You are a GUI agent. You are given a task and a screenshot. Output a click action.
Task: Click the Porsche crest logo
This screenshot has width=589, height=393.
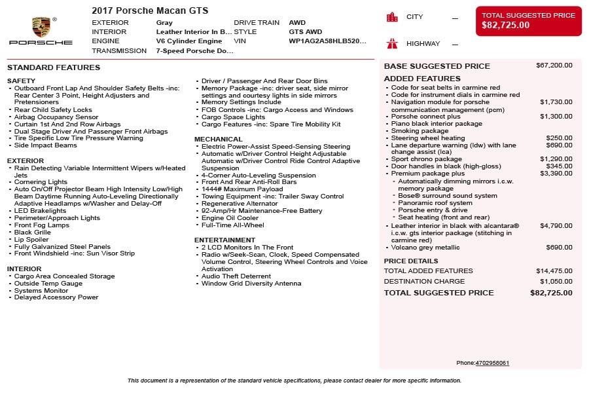click(x=41, y=27)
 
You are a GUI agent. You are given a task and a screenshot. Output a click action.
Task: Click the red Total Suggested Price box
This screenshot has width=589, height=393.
click(x=528, y=20)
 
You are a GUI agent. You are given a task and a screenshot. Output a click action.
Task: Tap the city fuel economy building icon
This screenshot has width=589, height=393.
click(x=392, y=17)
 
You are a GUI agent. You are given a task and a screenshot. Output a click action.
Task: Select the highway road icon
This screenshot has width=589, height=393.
click(x=392, y=44)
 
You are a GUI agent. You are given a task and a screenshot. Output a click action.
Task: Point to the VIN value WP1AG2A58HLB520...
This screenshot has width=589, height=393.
click(x=327, y=41)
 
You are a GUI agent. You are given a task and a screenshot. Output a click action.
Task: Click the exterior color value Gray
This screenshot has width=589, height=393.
click(x=164, y=22)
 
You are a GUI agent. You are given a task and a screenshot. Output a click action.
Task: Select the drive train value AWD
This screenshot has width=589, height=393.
click(x=297, y=22)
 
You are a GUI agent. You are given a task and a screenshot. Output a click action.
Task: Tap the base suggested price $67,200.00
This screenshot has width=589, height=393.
click(x=554, y=65)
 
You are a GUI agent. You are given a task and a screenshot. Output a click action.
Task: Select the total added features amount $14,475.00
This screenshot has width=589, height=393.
click(x=554, y=271)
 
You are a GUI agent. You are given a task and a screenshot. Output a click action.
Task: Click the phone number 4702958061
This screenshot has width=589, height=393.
click(x=492, y=363)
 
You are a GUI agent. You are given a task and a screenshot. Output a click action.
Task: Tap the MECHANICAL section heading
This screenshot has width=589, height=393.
click(x=218, y=139)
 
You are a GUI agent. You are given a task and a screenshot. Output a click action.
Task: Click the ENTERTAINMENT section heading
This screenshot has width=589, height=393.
click(x=224, y=240)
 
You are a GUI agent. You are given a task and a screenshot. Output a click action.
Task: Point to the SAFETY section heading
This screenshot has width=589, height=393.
click(x=21, y=81)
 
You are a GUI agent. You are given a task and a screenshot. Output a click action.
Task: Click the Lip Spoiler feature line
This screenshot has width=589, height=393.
click(x=32, y=239)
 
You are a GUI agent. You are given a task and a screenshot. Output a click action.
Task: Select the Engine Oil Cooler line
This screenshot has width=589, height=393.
click(x=230, y=218)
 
